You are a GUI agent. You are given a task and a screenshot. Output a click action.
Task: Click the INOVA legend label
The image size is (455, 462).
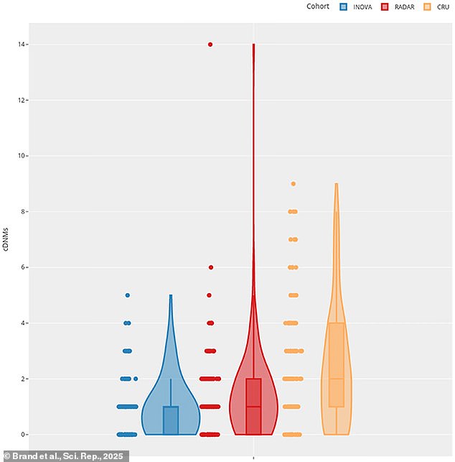(x=363, y=7)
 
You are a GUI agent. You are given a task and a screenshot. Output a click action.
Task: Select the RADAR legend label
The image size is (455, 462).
(x=403, y=7)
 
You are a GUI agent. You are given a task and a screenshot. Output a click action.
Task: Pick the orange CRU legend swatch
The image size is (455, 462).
(x=427, y=7)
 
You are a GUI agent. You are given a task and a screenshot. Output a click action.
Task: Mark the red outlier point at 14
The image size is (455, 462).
(x=210, y=45)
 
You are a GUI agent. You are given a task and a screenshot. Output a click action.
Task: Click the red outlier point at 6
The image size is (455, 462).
(x=210, y=267)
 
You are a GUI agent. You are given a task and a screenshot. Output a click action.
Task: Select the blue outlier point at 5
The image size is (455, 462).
(x=127, y=295)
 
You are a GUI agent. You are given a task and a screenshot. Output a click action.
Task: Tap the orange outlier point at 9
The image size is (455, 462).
(x=293, y=184)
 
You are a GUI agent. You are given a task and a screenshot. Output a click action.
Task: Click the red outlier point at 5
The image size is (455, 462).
(x=210, y=295)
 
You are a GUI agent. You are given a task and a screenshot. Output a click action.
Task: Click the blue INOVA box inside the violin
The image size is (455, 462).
(x=171, y=420)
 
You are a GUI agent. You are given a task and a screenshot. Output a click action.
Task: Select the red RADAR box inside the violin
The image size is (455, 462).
(x=253, y=406)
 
